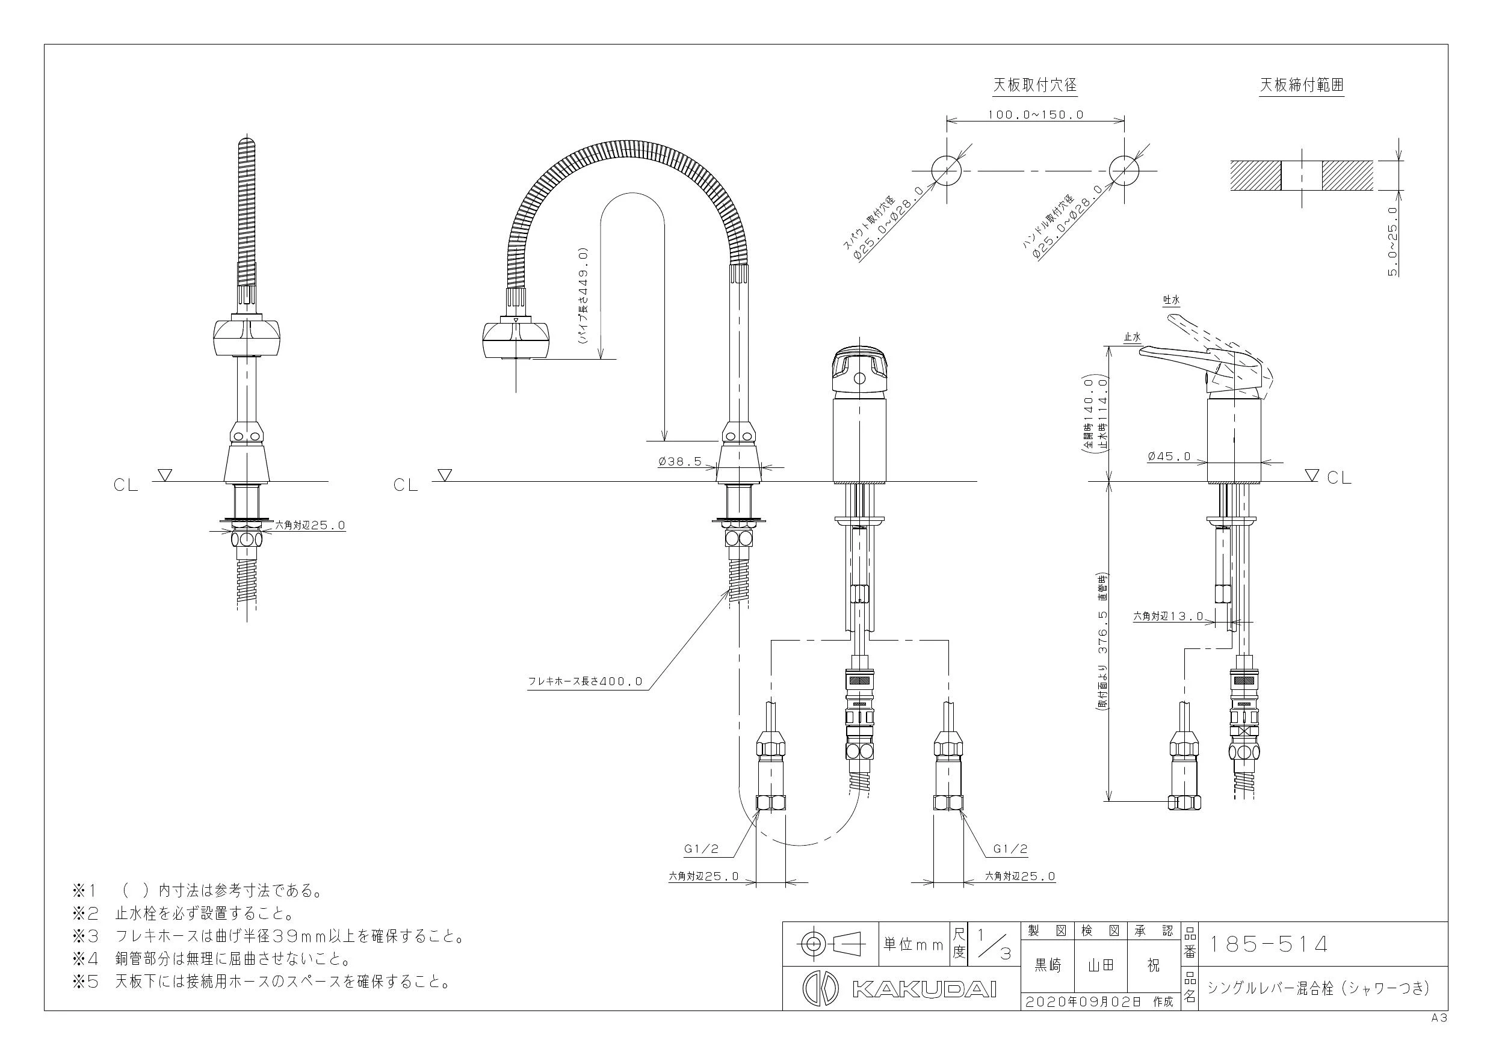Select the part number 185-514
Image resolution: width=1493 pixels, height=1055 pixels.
click(1267, 944)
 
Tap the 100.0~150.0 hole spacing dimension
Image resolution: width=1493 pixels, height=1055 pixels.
click(1036, 114)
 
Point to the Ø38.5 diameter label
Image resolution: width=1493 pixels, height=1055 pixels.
click(679, 461)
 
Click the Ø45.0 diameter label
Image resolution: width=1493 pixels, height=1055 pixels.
click(1169, 457)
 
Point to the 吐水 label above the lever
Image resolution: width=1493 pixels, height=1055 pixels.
click(1171, 300)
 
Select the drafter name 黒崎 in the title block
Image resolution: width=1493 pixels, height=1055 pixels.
click(1048, 965)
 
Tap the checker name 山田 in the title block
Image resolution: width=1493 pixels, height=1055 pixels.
click(1101, 965)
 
